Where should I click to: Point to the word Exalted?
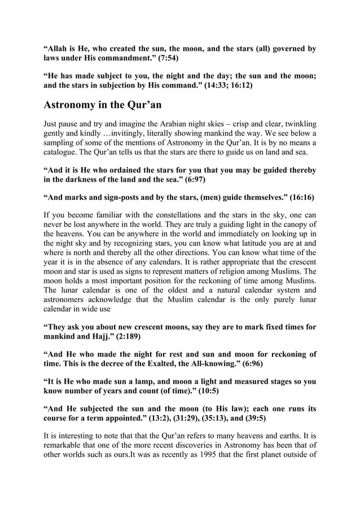click(x=175, y=364)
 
